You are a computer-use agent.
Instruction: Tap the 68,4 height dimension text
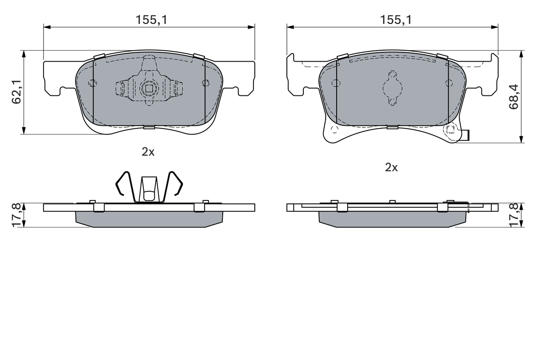513,97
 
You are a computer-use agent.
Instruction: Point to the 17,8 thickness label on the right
513,215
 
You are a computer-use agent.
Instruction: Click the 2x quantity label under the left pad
148,152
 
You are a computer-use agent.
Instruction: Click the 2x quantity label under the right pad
391,168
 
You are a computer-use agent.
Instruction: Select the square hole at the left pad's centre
148,88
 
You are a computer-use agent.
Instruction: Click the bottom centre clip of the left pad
149,127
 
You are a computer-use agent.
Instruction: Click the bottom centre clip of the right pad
392,127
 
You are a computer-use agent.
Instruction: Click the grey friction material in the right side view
392,219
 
